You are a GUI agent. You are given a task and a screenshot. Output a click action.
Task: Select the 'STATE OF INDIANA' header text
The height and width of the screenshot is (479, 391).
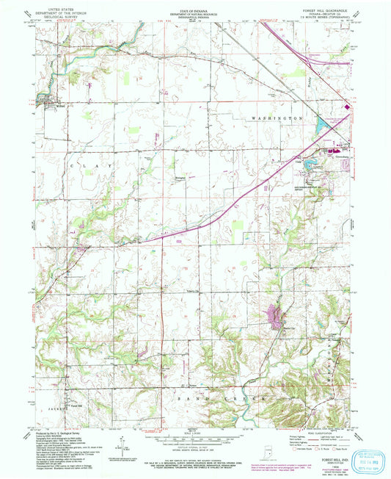pos(194,6)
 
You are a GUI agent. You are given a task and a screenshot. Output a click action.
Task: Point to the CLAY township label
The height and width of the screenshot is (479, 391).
pos(86,167)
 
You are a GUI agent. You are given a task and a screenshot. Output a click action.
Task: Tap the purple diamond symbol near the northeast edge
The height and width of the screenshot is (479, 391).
pos(348,107)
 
